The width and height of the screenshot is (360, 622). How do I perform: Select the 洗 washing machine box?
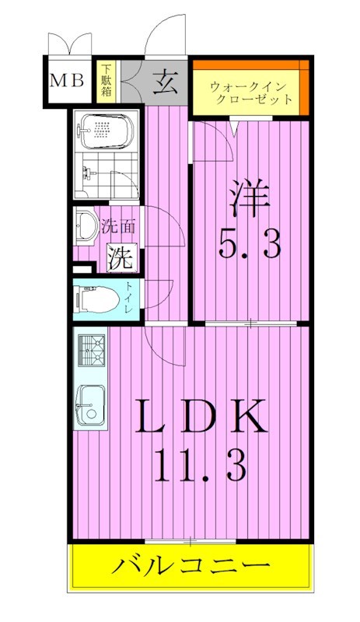121,257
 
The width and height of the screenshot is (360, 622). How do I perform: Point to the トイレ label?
129,300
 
